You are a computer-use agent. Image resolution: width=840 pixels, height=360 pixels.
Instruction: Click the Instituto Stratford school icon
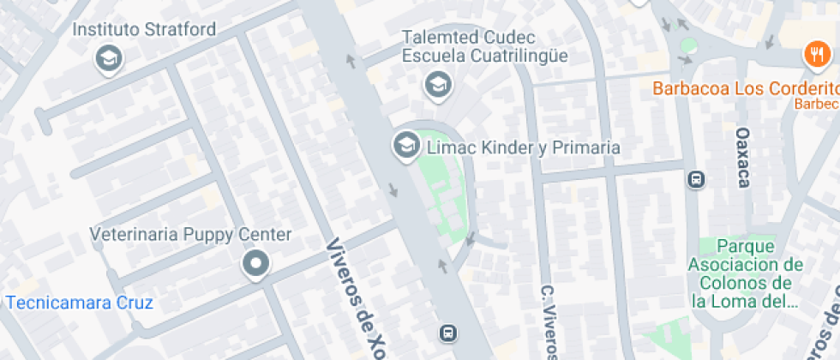109,58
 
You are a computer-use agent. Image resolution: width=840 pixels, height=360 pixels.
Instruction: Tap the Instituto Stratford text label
144,29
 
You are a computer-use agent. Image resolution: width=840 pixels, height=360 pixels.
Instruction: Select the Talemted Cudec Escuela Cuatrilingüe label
485,46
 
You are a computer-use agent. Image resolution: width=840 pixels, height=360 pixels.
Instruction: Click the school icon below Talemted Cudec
438,85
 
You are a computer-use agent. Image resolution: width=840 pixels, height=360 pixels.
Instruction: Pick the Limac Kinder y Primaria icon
405,144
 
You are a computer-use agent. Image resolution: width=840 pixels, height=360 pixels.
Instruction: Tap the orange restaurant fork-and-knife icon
813,56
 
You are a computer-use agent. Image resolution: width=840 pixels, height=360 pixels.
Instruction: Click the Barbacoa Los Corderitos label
744,88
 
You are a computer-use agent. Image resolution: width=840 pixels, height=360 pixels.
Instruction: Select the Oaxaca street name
743,157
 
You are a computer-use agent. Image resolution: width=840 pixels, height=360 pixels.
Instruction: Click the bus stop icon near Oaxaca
696,180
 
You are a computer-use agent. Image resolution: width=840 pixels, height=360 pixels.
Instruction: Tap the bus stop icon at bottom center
447,333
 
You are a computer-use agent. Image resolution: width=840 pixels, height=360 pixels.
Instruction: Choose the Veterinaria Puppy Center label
191,235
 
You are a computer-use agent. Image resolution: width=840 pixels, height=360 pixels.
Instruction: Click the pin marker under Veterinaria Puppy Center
255,264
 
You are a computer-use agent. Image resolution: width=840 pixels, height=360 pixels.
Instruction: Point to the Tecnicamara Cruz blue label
79,303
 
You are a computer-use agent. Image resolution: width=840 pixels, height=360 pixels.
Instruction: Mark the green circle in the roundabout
687,45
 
